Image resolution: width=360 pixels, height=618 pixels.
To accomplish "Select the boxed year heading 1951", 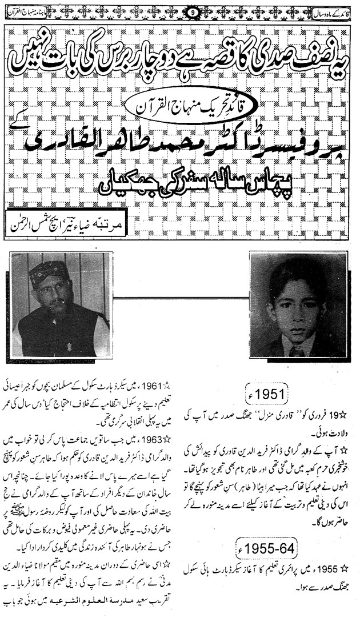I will pyautogui.click(x=264, y=394).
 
